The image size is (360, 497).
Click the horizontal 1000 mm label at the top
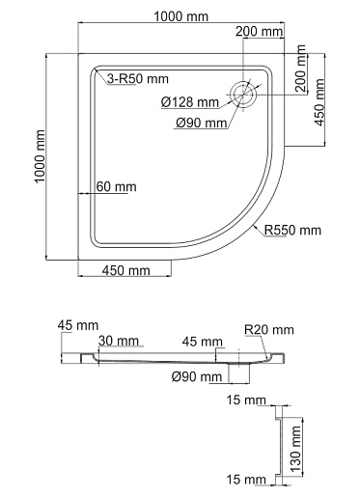[x=181, y=16]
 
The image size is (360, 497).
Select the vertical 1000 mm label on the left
[x=40, y=156]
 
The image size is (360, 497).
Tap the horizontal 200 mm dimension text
[x=260, y=32]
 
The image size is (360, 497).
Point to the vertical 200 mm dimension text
[x=300, y=69]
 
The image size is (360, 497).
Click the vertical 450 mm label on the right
[x=319, y=102]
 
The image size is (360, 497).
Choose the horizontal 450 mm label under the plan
[x=126, y=270]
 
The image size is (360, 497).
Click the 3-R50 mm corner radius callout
[x=138, y=79]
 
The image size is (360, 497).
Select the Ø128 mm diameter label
[x=190, y=102]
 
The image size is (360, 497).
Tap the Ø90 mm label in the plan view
[x=202, y=123]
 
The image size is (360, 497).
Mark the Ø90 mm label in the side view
[x=197, y=376]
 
